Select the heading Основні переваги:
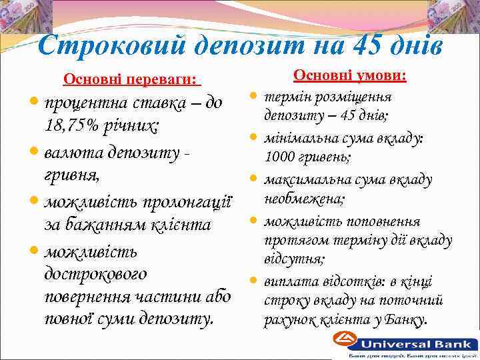pos(131,81)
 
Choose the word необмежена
pos(304,199)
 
